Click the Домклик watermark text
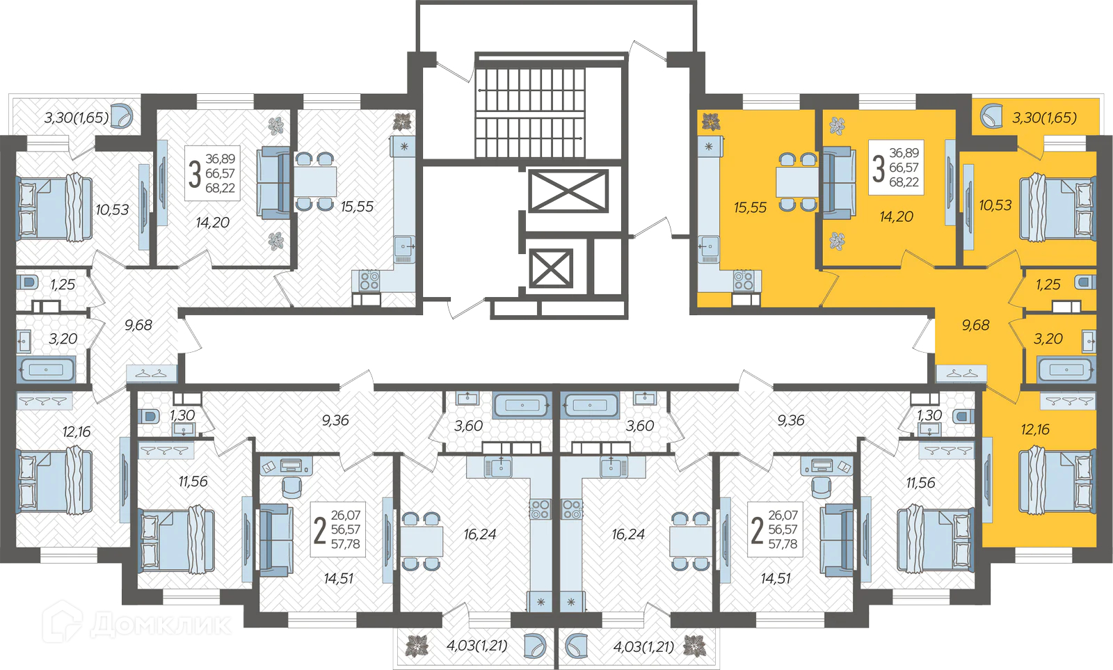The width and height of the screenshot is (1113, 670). point(161,624)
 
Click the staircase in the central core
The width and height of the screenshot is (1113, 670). point(530,112)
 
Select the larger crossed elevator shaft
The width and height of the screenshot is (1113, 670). point(568,191)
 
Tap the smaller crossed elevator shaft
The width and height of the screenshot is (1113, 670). point(551,269)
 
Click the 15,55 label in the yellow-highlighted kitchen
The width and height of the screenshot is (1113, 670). point(751,207)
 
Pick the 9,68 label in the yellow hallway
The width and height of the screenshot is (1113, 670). point(976,325)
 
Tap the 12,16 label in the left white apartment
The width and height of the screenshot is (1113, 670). point(77,431)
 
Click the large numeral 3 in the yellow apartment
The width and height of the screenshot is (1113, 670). point(879,168)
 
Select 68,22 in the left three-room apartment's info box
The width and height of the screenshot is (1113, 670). point(220,188)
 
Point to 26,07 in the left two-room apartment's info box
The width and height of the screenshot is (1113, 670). point(346,515)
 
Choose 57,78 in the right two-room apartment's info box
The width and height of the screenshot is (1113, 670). point(783,544)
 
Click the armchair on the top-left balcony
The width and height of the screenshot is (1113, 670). point(122,115)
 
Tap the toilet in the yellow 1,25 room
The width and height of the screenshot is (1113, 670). point(1085,282)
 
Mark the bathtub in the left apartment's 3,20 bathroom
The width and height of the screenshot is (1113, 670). point(46,370)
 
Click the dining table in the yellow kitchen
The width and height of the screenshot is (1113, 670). point(797,182)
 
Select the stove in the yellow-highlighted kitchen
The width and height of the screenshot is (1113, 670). point(744,280)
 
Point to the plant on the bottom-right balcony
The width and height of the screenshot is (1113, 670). point(694,646)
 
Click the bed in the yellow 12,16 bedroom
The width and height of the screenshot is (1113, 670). point(1057,481)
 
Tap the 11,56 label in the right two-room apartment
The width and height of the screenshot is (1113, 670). point(921,483)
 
